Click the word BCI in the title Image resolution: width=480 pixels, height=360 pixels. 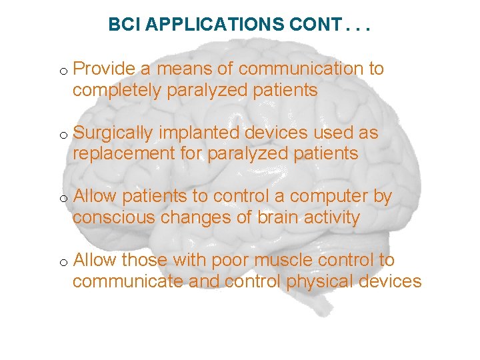coord(125,25)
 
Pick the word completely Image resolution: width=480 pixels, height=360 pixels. coord(117,91)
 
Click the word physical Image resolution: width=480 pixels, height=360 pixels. coord(319,282)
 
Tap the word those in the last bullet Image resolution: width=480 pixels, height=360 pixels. coord(145,261)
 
